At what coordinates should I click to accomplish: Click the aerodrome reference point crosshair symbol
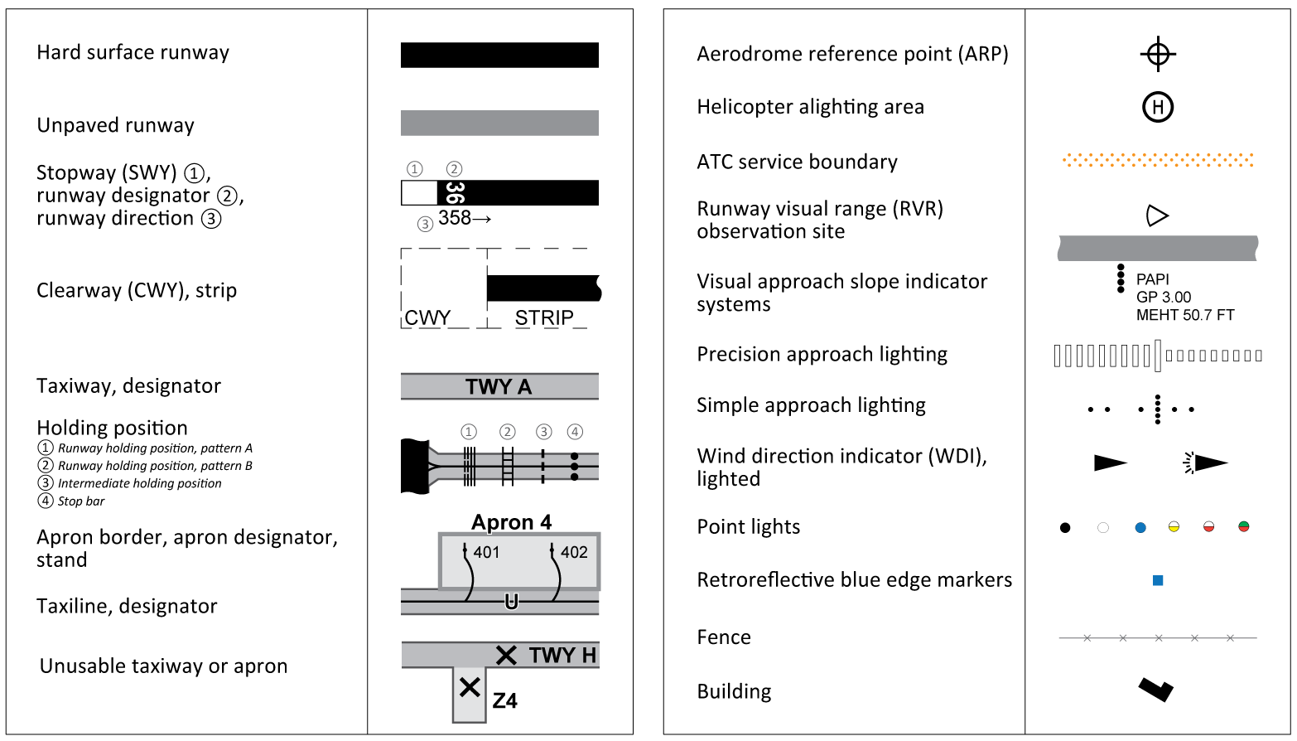point(1158,55)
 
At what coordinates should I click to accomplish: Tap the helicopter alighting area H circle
point(1158,107)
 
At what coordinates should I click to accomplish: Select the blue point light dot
point(1140,528)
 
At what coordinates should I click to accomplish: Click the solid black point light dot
point(1065,528)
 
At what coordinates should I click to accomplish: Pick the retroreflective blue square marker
point(1158,580)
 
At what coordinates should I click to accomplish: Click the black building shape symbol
point(1155,689)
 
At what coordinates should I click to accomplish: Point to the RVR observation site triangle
point(1156,216)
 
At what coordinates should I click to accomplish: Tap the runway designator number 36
point(455,192)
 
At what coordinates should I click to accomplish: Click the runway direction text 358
point(455,218)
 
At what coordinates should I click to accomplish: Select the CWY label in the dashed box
point(427,317)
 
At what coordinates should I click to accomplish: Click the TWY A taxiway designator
point(499,387)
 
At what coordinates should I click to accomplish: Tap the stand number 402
point(574,552)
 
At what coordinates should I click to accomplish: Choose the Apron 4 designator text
point(511,522)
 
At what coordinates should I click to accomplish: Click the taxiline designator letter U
point(511,602)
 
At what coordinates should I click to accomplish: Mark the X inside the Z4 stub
point(470,687)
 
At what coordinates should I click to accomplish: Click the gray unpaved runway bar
point(499,123)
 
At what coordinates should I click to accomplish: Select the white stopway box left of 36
point(419,193)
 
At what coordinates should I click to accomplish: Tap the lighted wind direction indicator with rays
point(1207,463)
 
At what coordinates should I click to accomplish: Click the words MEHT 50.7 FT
point(1185,315)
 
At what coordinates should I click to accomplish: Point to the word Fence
point(724,637)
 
